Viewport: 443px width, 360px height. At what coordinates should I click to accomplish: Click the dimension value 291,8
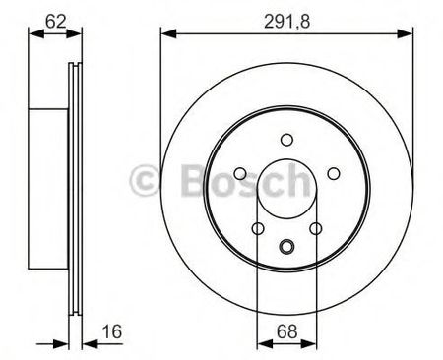(x=286, y=22)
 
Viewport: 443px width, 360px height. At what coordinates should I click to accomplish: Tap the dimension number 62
(x=56, y=22)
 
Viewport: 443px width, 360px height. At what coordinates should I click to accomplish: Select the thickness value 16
(x=112, y=331)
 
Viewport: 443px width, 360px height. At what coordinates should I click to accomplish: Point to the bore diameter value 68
(x=286, y=331)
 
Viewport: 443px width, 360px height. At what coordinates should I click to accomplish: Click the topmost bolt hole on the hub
(x=286, y=140)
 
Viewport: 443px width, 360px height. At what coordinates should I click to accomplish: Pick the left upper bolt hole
(x=240, y=173)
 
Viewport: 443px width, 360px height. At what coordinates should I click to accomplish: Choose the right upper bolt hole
(x=334, y=173)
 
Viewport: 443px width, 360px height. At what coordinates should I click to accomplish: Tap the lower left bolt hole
(x=258, y=228)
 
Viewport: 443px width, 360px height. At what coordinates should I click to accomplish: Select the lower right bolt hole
(x=316, y=228)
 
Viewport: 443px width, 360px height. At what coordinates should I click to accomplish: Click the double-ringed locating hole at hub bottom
(x=286, y=246)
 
